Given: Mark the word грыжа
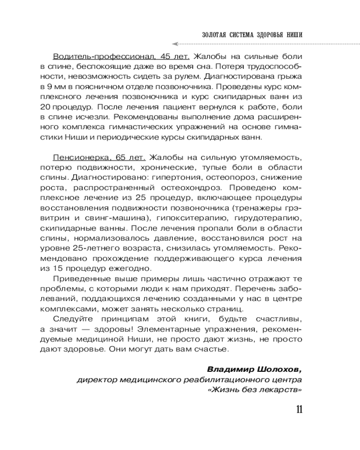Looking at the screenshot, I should pyautogui.click(x=288, y=77).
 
